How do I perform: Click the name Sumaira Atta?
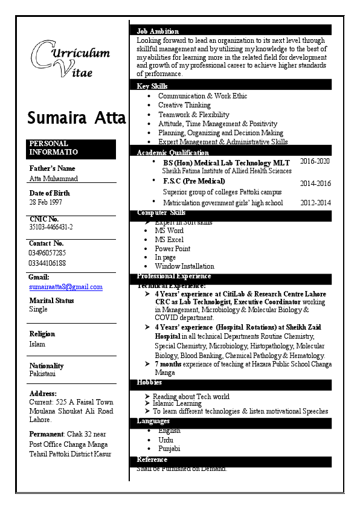76,118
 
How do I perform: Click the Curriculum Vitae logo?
71,59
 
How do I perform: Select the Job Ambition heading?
158,31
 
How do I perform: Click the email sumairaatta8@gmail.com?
66,287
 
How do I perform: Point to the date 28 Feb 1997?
46,202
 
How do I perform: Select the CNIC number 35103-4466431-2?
51,227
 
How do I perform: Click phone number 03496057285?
48,253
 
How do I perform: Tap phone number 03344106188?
48,263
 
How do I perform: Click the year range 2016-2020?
315,162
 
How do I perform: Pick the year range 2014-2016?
315,184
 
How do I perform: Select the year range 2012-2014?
315,203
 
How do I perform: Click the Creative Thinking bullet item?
184,105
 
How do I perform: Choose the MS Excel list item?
169,240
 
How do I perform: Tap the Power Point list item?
172,249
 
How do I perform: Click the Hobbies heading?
149,383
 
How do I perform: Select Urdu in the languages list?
166,440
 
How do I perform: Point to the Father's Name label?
53,168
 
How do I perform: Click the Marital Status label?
52,300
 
